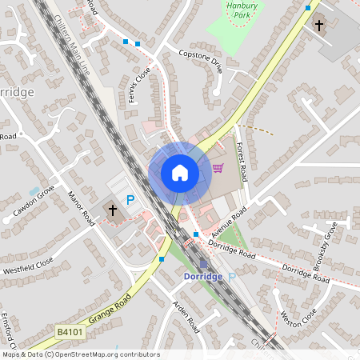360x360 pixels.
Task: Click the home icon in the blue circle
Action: pyautogui.click(x=179, y=173)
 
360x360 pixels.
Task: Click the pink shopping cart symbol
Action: pyautogui.click(x=218, y=168)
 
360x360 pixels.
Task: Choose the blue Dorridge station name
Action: pyautogui.click(x=203, y=276)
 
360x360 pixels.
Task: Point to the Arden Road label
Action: pyautogui.click(x=186, y=317)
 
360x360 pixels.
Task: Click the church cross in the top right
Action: pyautogui.click(x=319, y=25)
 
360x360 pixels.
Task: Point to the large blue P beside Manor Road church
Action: pyautogui.click(x=130, y=200)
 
